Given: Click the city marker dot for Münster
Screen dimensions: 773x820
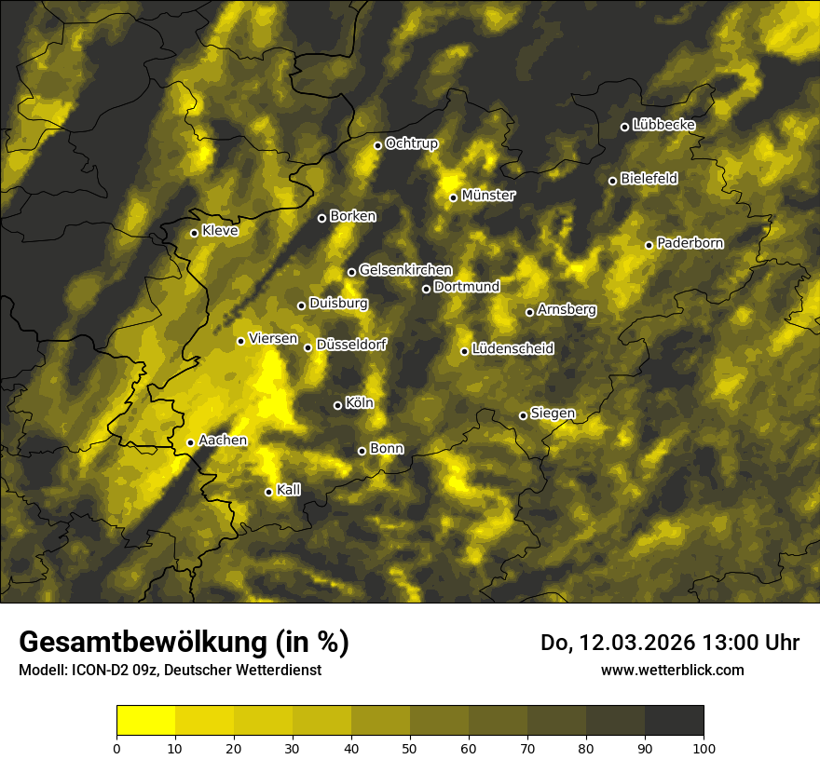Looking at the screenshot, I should [x=454, y=197].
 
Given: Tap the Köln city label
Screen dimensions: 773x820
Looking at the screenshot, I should [x=359, y=403].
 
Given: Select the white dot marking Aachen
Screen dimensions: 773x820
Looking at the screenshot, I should [x=191, y=442].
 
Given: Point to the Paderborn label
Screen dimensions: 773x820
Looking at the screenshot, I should [x=690, y=243].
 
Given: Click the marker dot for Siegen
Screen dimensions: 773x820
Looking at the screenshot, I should [x=523, y=415].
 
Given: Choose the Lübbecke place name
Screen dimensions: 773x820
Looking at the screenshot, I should [x=663, y=125].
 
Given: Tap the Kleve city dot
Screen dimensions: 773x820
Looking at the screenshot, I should [x=194, y=233].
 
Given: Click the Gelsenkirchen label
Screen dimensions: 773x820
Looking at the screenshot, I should [x=405, y=270].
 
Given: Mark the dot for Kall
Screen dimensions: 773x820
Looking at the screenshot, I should [x=268, y=492].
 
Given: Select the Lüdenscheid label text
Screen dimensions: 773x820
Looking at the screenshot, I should [x=512, y=349].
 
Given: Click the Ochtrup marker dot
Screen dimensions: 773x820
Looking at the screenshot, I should [x=377, y=145].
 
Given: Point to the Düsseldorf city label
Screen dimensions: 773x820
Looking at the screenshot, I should [x=350, y=346].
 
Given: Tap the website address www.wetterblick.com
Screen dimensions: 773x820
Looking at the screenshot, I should [x=672, y=670].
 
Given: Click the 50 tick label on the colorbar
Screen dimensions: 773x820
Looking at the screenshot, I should [x=410, y=747].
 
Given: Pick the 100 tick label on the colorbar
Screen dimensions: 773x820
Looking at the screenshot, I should [x=704, y=747].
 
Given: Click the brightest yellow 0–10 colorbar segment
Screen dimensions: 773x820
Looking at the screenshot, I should [x=146, y=721].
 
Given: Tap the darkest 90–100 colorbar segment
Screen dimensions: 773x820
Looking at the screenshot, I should [x=674, y=721].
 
